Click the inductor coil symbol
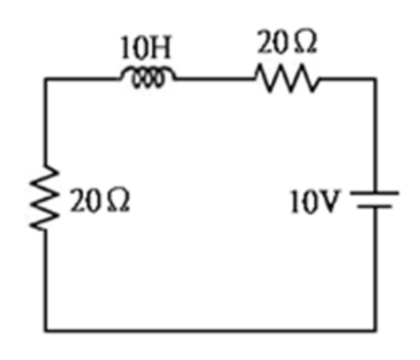point(148,77)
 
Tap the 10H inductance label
point(146,47)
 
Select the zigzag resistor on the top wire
point(287,78)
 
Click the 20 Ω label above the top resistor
point(286,42)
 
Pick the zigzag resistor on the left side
point(45,198)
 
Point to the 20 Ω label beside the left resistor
point(99,200)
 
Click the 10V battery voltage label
point(315,201)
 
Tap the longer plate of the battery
point(375,193)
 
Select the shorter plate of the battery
point(375,206)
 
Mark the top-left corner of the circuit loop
point(45,78)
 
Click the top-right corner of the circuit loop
point(375,78)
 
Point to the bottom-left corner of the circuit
point(45,330)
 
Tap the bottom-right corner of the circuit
point(375,330)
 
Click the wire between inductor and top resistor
point(215,78)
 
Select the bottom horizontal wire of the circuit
point(210,330)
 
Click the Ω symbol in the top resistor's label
point(306,42)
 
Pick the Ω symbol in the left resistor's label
point(119,200)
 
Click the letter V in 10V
point(329,201)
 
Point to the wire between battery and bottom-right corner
point(375,270)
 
